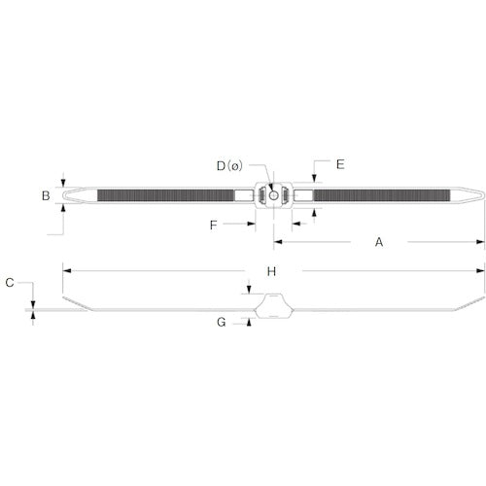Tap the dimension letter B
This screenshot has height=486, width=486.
45,195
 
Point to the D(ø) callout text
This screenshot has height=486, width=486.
234,165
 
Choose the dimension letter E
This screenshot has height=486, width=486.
340,164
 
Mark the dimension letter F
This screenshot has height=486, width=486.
213,225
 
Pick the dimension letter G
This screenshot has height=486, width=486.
223,321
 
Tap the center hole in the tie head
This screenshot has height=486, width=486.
274,195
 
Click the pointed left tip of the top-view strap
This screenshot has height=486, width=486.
64,195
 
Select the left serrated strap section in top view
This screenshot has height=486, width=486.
165,195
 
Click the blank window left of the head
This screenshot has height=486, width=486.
243,195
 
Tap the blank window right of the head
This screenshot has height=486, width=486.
304,195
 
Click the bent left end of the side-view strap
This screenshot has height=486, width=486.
78,304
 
